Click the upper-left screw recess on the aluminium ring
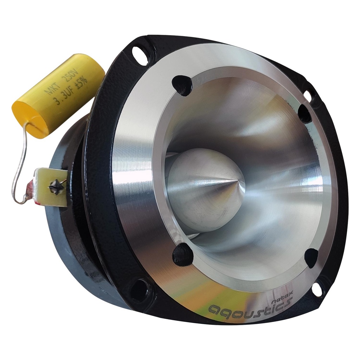183,85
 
